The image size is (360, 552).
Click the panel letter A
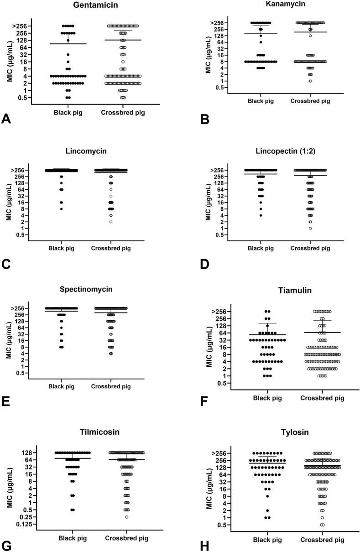click(x=6, y=119)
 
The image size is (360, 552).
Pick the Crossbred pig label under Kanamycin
click(x=310, y=101)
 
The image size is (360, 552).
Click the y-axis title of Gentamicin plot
click(x=10, y=62)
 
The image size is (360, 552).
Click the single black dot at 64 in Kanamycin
click(x=261, y=42)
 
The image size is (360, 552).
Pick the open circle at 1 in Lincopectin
click(x=310, y=228)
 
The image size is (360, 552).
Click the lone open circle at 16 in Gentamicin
click(x=123, y=62)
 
